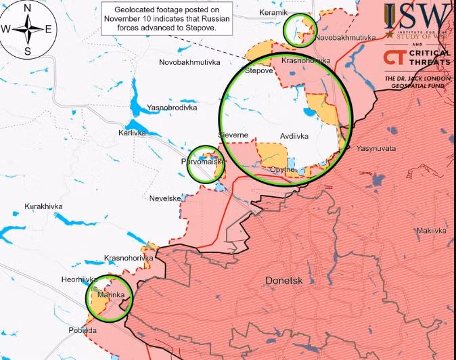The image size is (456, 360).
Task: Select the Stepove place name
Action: coord(258,70)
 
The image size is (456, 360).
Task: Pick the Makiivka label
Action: coord(431,231)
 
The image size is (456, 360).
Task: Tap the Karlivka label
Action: coord(132,133)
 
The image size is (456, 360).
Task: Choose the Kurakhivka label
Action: coord(43,206)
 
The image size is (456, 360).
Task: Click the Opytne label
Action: coord(281,169)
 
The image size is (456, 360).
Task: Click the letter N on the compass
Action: coord(28,8)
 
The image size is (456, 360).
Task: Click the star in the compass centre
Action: coord(28,29)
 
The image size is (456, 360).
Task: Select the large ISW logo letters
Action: coord(416,15)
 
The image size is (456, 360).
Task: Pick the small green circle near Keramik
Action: coord(299,30)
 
